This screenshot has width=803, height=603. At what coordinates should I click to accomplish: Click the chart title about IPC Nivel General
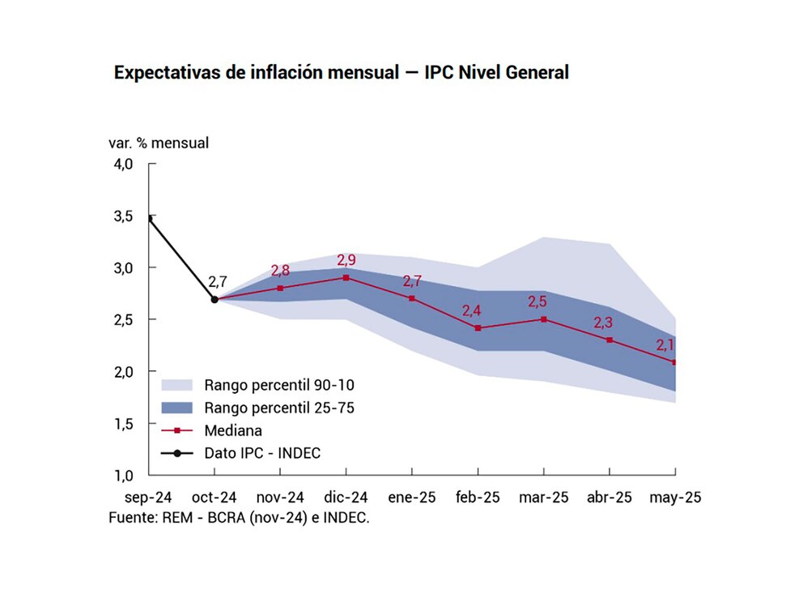[341, 72]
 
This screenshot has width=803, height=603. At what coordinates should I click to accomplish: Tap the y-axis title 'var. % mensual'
[159, 143]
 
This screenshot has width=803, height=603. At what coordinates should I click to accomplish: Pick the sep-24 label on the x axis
[148, 497]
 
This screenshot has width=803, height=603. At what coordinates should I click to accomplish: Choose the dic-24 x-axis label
[346, 497]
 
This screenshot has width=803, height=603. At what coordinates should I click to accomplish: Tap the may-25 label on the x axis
[675, 497]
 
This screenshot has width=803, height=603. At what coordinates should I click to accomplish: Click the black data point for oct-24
[215, 299]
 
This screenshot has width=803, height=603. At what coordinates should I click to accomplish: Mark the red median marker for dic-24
[346, 278]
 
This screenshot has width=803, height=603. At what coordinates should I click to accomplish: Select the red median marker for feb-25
[478, 328]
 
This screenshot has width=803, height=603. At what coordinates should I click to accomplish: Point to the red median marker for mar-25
[543, 319]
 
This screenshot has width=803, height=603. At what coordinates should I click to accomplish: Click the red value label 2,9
[346, 260]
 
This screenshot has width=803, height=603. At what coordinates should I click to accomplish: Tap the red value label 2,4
[472, 310]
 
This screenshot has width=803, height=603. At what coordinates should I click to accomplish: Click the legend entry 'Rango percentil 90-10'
[267, 384]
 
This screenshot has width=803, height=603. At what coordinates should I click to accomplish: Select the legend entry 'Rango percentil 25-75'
[267, 407]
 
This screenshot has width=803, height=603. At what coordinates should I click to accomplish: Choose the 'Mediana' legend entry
[233, 430]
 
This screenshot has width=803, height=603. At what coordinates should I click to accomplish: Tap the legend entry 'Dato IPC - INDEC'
[262, 453]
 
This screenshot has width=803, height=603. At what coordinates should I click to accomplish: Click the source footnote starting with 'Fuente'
[239, 517]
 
